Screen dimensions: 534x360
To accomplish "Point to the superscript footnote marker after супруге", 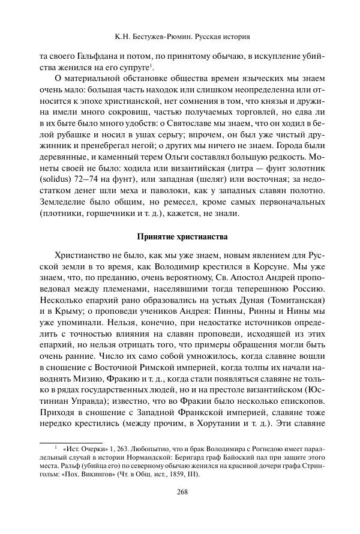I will pos(151,65).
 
